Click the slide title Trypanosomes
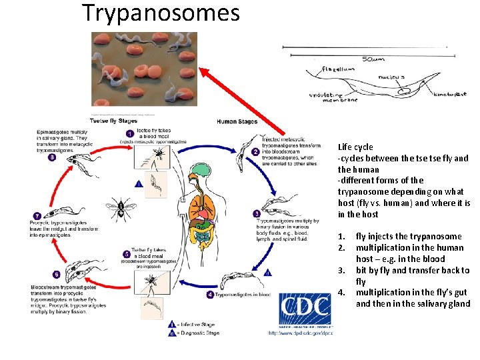point(161,13)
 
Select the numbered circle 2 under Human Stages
point(255,151)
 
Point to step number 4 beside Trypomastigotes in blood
point(210,294)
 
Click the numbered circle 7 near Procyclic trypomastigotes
point(37,215)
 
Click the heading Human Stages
point(237,121)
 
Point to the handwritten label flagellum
point(338,69)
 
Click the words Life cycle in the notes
point(355,147)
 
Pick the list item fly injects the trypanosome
point(408,236)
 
